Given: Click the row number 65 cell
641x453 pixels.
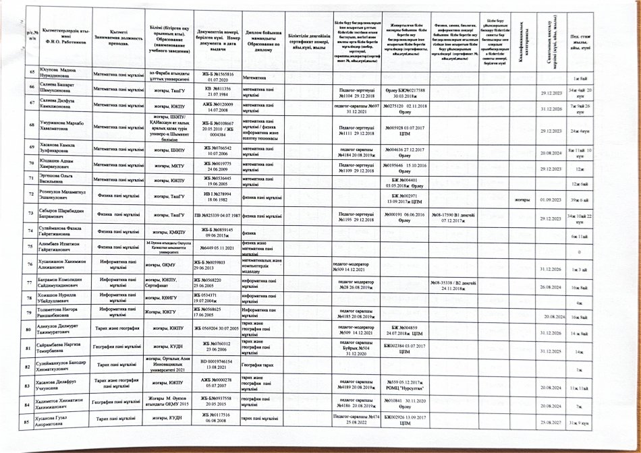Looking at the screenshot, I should [x=30, y=72].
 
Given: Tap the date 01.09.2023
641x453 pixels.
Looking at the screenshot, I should [x=551, y=200].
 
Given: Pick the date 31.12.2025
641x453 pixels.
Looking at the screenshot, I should [x=551, y=351].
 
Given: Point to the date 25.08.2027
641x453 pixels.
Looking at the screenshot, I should [x=551, y=423].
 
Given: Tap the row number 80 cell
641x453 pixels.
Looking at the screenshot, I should [x=30, y=330].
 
